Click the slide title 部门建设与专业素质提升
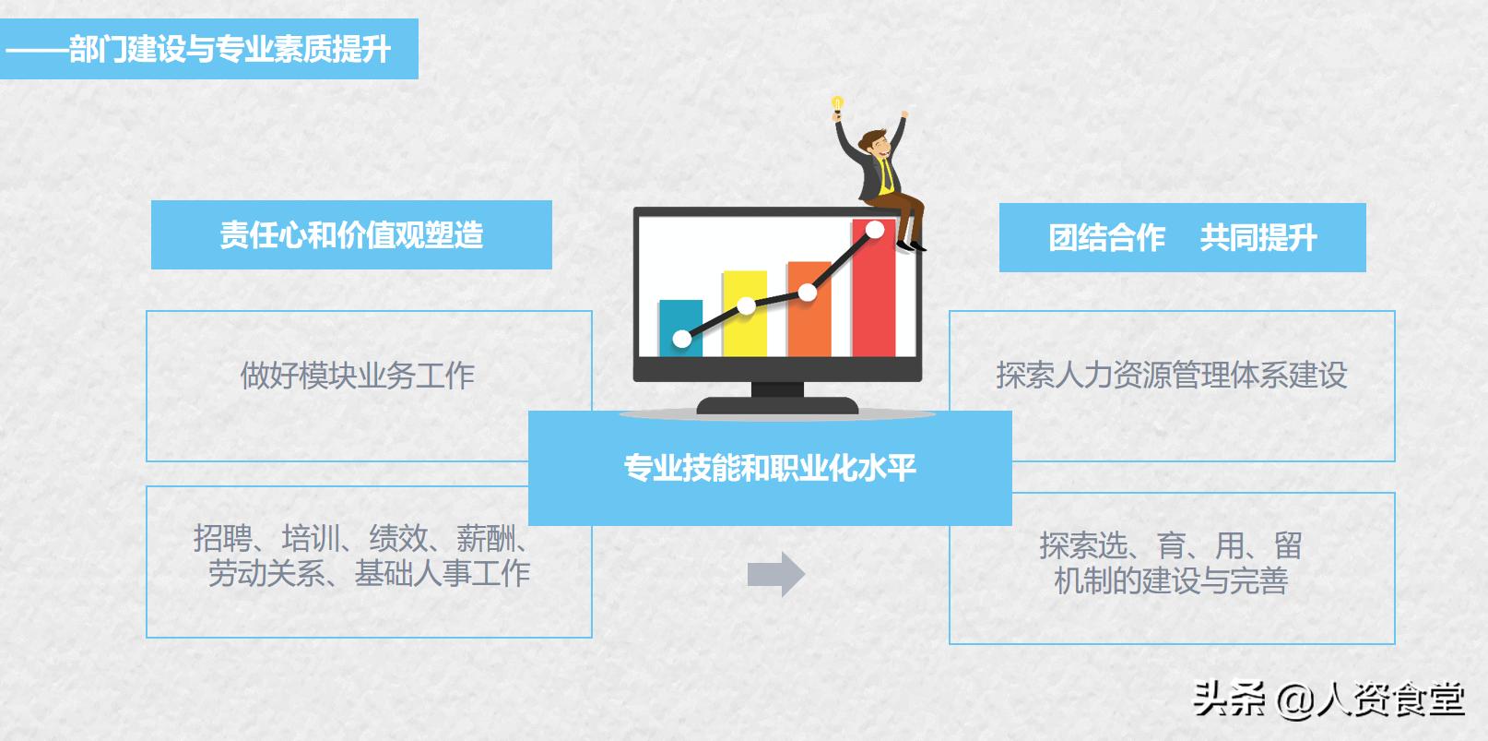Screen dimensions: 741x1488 [230, 49]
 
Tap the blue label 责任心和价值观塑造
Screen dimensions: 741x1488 [351, 235]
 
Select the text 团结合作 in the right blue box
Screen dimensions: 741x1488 [1106, 238]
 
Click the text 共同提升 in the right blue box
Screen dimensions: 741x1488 [1258, 238]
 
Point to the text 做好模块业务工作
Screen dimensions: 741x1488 [358, 376]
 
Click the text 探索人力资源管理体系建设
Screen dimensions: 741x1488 [1171, 376]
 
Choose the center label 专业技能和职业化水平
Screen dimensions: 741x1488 [770, 468]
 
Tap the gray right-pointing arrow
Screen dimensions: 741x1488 [775, 574]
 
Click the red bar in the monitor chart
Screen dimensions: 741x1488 [873, 295]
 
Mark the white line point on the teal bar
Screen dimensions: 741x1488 [682, 340]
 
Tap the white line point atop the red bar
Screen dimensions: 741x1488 [875, 229]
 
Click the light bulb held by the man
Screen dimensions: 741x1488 [837, 103]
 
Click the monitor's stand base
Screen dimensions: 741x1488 [777, 405]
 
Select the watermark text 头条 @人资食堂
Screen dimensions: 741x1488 [1328, 699]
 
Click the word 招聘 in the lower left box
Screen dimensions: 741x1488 [222, 538]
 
